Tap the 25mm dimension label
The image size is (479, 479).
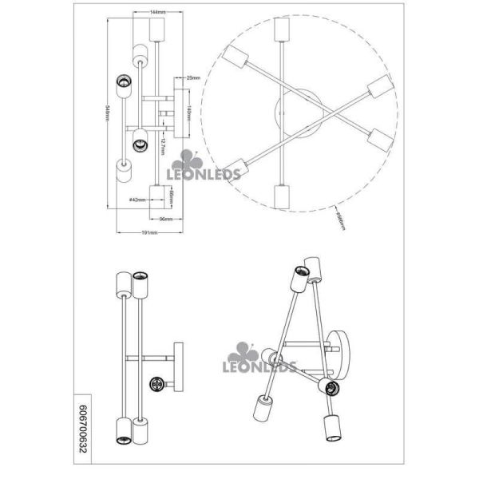tap(192, 78)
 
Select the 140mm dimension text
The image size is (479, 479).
tap(188, 109)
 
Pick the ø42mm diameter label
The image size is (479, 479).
tap(136, 200)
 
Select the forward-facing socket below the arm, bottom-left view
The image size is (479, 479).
tap(156, 385)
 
